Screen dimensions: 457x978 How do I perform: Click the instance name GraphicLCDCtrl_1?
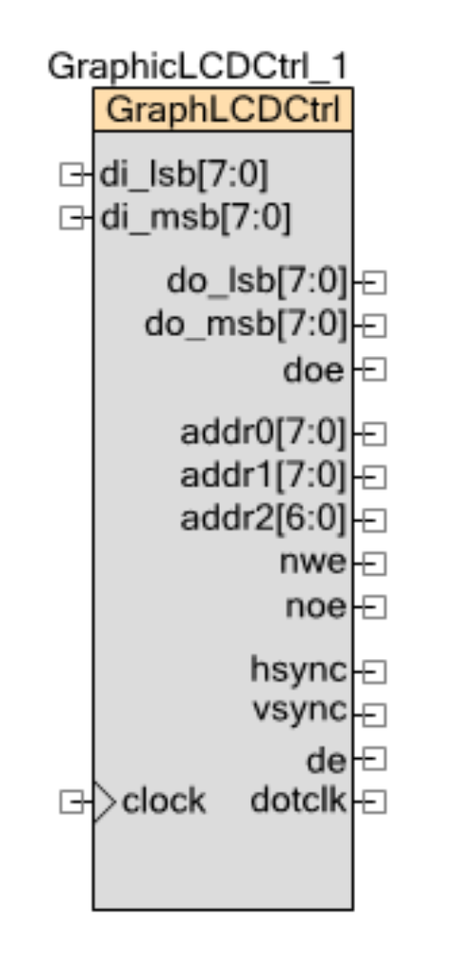198,67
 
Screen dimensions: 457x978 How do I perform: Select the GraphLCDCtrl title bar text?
223,110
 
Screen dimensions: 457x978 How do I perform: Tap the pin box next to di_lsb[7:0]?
71,174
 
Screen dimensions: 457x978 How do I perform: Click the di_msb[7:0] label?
195,218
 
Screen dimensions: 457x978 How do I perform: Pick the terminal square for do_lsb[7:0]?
374,283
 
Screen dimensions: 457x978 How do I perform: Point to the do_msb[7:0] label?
246,325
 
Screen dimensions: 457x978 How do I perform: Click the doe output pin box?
374,369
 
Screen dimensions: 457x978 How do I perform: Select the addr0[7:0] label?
263,432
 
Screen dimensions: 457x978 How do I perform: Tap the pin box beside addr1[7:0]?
374,477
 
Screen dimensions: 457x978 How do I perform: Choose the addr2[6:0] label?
263,518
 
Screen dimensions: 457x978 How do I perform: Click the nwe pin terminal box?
374,564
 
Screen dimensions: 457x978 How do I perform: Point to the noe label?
315,607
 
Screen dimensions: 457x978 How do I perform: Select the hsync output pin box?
374,671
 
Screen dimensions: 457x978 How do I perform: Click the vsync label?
300,711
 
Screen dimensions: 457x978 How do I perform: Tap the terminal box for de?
374,758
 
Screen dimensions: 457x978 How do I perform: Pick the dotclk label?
298,800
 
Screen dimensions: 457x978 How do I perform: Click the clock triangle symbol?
105,802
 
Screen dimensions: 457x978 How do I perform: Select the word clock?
164,801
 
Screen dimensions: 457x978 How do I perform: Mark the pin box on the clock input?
71,802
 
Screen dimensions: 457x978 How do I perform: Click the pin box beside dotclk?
374,802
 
